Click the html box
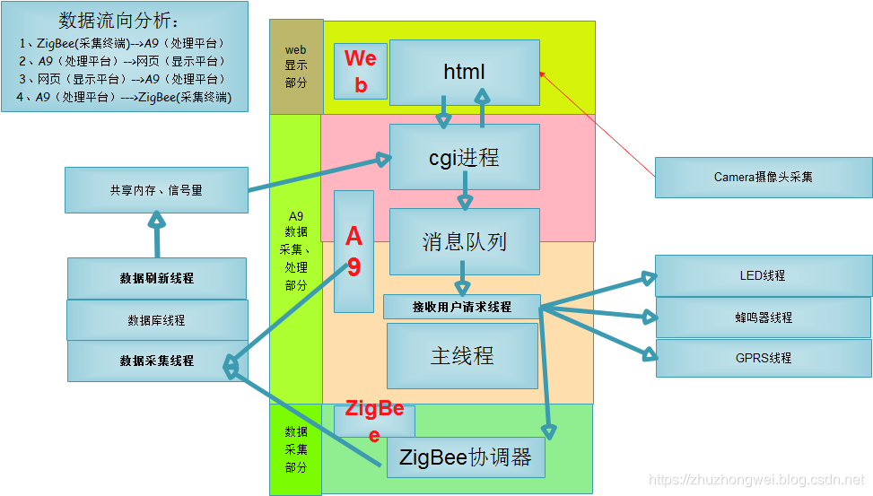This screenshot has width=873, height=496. [464, 72]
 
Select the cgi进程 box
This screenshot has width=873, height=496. [464, 158]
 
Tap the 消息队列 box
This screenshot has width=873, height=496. [464, 241]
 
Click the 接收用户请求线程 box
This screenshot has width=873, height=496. [461, 307]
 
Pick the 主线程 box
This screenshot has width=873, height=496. [461, 355]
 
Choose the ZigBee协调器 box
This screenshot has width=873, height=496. [466, 457]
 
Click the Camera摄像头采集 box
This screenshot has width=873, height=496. [763, 178]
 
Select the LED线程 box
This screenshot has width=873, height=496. [762, 275]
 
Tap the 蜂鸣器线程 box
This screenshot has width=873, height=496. [762, 318]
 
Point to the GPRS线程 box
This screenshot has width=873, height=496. [762, 358]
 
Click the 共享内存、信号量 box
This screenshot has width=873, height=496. [156, 190]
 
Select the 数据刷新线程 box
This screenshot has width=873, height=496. [156, 278]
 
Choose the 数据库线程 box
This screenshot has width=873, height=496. [156, 320]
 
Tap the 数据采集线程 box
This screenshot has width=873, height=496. [156, 361]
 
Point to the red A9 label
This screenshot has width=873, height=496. [354, 251]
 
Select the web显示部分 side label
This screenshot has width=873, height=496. [296, 66]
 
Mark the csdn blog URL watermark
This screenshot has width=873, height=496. [755, 482]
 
